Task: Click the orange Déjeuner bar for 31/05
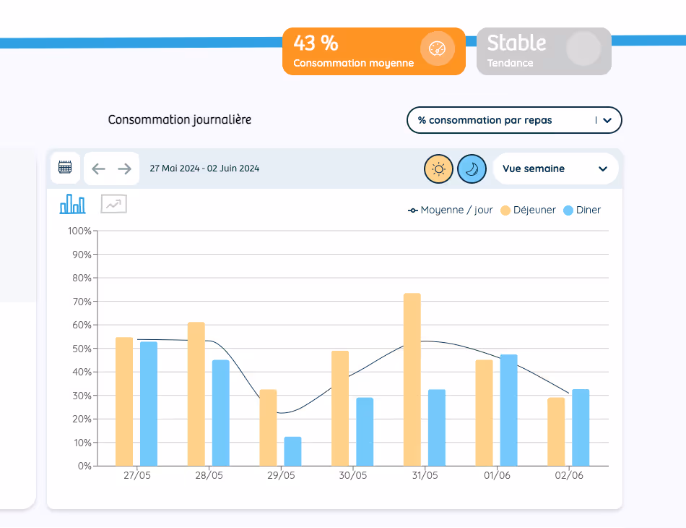[x=412, y=379]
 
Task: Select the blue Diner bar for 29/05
[x=292, y=451]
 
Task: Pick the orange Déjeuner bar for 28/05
[x=196, y=393]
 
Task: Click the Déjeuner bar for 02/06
[x=556, y=431]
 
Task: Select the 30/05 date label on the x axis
[x=352, y=476]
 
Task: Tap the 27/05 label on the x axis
[x=136, y=476]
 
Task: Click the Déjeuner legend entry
[x=528, y=210]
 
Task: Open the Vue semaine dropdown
[x=555, y=169]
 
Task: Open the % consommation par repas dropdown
[x=514, y=121]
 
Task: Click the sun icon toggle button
[x=438, y=169]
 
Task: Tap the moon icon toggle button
[x=472, y=169]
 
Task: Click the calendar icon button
[x=65, y=168]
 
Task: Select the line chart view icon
[x=113, y=205]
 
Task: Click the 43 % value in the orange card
[x=316, y=43]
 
